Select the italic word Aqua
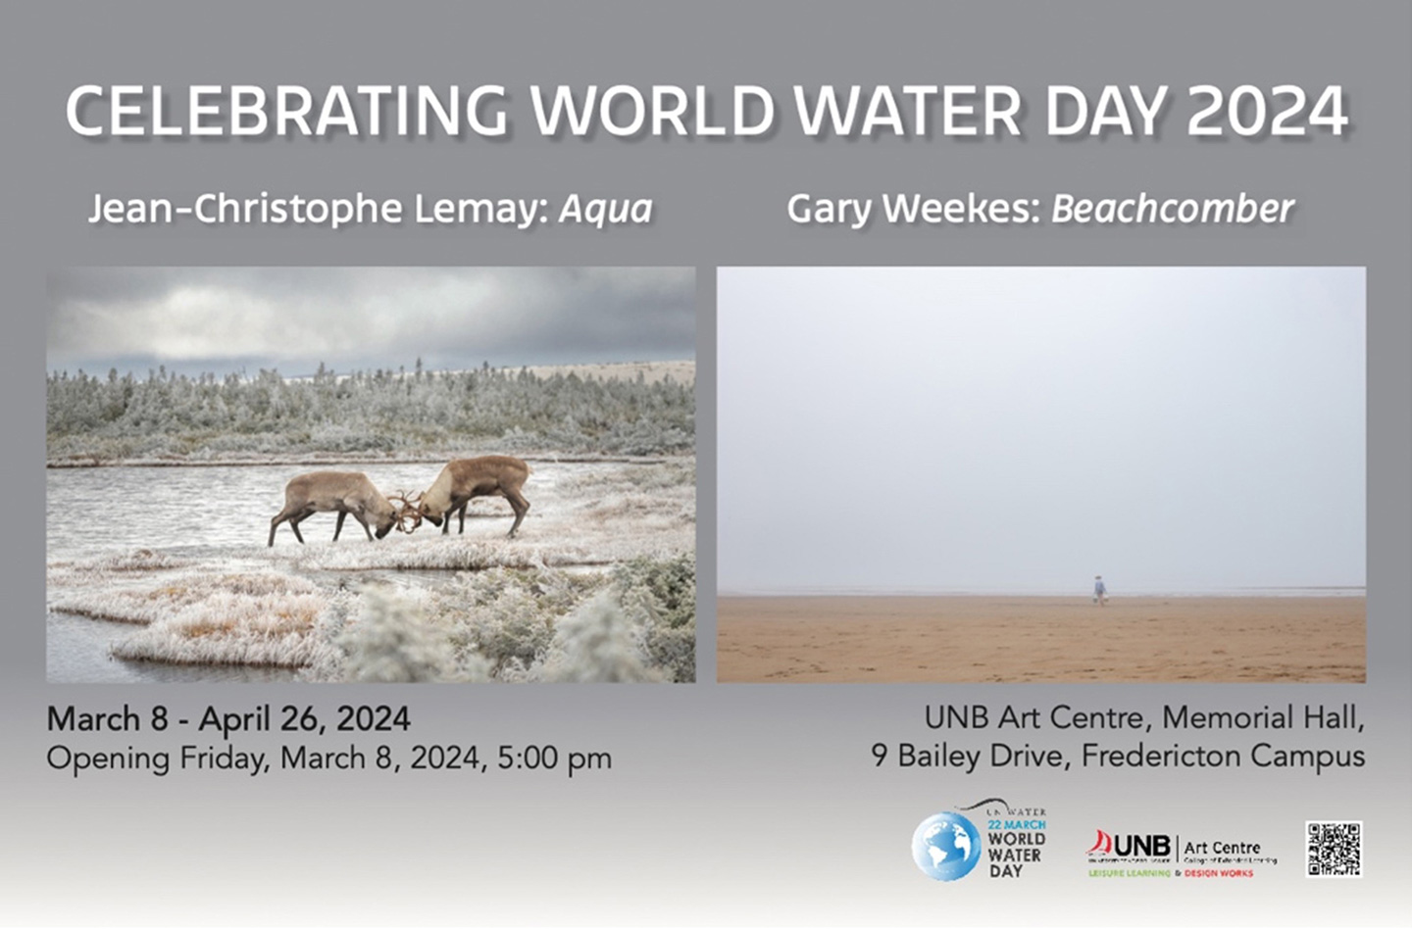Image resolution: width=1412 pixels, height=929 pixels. tap(605, 209)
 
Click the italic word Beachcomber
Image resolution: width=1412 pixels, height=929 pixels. tap(1173, 209)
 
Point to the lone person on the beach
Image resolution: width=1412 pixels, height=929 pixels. tap(1099, 588)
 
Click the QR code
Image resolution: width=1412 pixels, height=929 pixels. tap(1334, 849)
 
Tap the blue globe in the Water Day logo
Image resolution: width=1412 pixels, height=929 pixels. tap(944, 846)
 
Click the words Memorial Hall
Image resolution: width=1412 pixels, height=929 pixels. tap(1263, 718)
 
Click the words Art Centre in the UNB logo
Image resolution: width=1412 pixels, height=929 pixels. tap(1222, 847)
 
